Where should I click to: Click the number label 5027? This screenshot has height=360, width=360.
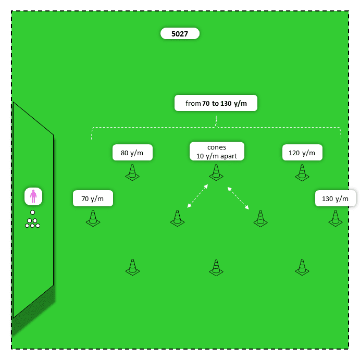pos(180,34)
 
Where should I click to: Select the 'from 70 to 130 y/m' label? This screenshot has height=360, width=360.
pos(216,103)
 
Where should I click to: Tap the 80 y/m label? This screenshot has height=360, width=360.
pos(132,153)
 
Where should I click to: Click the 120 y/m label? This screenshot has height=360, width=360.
pos(302,153)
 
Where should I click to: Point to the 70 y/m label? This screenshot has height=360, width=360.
pos(93,198)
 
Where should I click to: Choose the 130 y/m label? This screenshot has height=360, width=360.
pos(335,198)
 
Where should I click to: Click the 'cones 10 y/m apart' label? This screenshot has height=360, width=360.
pos(217,152)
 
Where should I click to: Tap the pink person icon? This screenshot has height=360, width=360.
pos(33,196)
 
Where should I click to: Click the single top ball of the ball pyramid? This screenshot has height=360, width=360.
pos(32,213)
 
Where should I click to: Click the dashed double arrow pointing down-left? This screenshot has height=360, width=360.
pos(198,196)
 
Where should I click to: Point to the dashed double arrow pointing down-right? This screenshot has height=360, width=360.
pos(238,198)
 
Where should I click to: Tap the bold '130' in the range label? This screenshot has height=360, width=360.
pos(226,104)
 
